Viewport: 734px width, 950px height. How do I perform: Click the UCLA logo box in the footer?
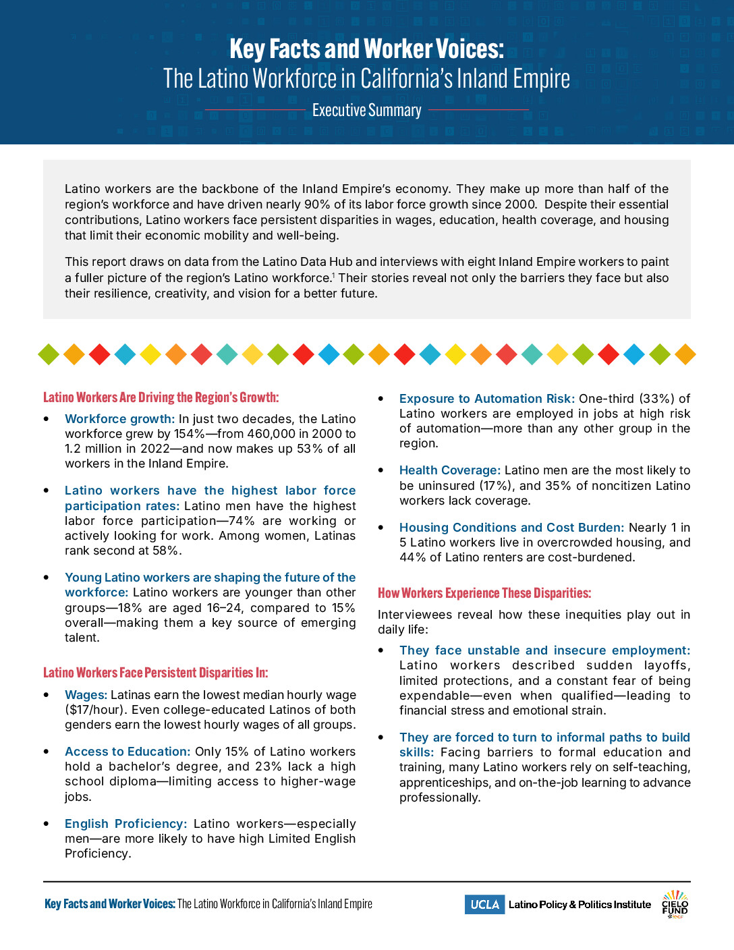click(484, 905)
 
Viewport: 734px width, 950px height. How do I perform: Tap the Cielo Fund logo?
click(675, 904)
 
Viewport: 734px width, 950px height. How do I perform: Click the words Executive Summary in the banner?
click(366, 111)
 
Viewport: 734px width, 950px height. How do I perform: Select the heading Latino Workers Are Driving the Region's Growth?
click(161, 397)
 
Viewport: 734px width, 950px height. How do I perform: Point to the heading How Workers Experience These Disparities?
click(484, 593)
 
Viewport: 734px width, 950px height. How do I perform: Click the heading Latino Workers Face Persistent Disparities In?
click(155, 673)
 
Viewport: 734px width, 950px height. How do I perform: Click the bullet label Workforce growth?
click(119, 419)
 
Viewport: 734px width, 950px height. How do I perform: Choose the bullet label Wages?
click(86, 695)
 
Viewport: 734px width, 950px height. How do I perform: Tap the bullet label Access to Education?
click(128, 752)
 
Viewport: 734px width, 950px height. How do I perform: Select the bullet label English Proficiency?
click(125, 824)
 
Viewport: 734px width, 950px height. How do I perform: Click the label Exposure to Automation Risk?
click(486, 399)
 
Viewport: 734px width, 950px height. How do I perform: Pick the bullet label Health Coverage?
click(449, 470)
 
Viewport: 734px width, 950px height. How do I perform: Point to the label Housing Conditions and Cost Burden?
click(511, 528)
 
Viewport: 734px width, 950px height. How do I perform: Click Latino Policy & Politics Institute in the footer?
click(580, 905)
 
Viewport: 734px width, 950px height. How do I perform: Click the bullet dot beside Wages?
click(47, 695)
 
